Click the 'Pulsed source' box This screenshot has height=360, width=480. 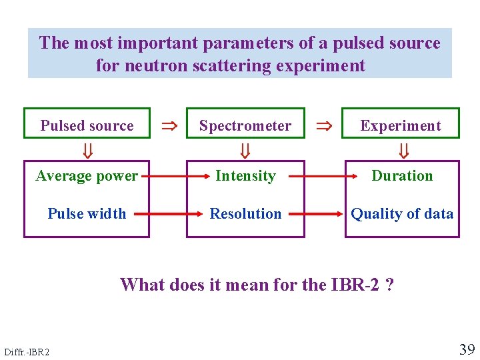point(87,125)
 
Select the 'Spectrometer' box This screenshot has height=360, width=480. point(245,125)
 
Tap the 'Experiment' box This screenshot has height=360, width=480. point(401,125)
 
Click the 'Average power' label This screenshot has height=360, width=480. point(87,176)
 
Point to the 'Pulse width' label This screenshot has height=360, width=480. point(87,214)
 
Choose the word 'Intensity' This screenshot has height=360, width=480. point(245,176)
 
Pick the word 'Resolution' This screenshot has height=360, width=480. point(245,214)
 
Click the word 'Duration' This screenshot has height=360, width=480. point(402,176)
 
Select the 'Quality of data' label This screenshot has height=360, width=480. point(402,214)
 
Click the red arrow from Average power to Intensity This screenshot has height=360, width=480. point(167,177)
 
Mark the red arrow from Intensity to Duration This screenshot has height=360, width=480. point(323,177)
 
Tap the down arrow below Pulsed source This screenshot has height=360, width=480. point(87,153)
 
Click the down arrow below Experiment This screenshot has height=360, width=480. point(403,153)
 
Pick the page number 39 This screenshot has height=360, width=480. point(466,349)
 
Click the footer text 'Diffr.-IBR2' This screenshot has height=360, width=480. point(26,351)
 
